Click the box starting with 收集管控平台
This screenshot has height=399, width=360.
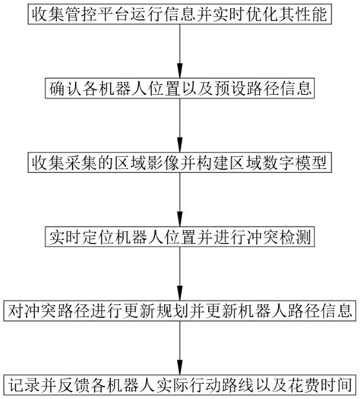[179, 13]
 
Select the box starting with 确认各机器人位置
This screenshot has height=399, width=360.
[179, 88]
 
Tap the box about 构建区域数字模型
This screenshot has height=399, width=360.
[179, 162]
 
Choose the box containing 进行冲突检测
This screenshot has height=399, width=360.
[179, 237]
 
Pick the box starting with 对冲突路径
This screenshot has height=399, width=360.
[179, 311]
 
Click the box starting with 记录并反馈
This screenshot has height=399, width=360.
[179, 382]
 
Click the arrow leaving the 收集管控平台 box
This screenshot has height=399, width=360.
[179, 50]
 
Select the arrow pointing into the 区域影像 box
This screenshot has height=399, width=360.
[179, 125]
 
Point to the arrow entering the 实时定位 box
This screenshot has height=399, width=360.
[179, 199]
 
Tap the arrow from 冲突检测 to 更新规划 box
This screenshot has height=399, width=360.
[179, 274]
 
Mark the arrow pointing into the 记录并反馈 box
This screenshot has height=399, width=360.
[179, 347]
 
